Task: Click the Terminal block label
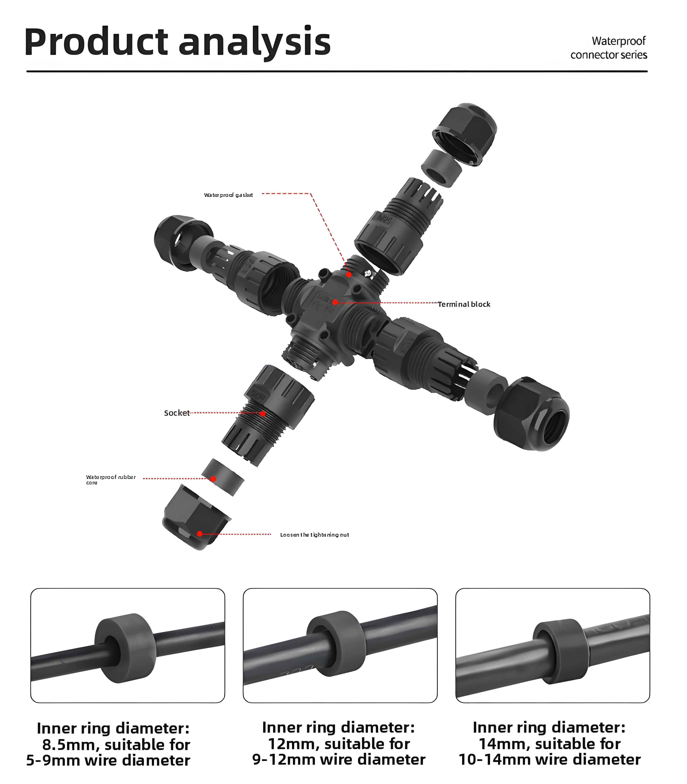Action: pos(464,304)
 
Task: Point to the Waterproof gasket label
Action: pos(229,195)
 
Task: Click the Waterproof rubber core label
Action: pos(110,479)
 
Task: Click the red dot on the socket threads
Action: pos(263,414)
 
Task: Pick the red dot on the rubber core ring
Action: pos(213,479)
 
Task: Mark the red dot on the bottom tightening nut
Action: pos(200,534)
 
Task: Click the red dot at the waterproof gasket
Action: pos(349,275)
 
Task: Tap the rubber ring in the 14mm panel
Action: pos(561,651)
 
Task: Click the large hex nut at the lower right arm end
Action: pos(531,414)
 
